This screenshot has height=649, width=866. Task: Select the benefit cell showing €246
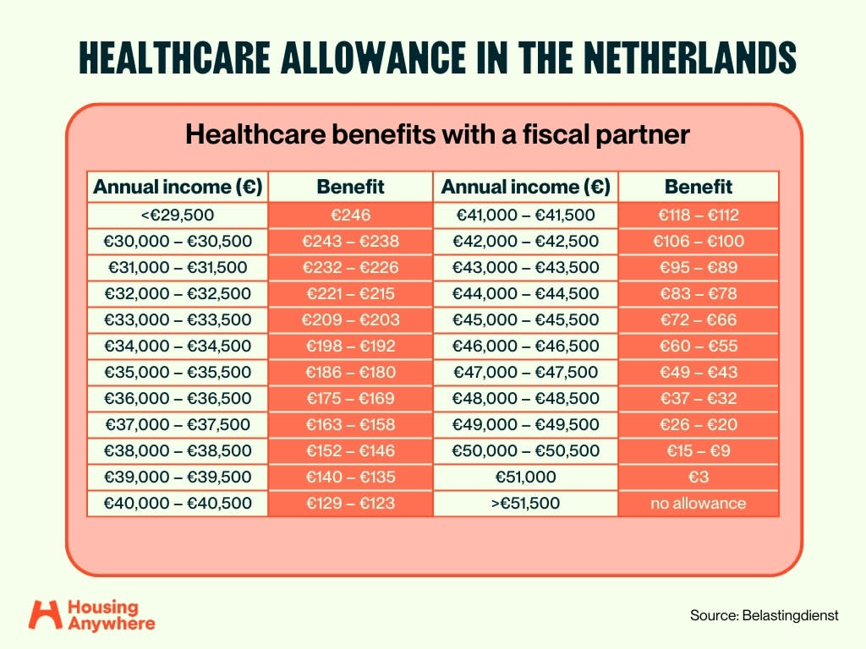(x=350, y=215)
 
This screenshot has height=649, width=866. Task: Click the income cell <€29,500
(x=178, y=215)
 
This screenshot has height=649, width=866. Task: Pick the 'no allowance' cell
(x=698, y=504)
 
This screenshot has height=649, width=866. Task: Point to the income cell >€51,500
(x=525, y=504)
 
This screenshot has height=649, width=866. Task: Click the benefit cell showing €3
(x=698, y=477)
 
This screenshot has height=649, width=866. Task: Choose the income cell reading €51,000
(x=525, y=477)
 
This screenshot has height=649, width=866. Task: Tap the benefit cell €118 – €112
(x=698, y=215)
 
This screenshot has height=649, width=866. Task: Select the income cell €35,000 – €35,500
(x=178, y=372)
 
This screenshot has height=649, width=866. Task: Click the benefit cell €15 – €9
(x=698, y=451)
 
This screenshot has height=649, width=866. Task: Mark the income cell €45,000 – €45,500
(x=525, y=320)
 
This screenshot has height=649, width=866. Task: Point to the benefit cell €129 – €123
(x=350, y=504)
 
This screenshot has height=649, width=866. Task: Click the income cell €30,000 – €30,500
(x=178, y=241)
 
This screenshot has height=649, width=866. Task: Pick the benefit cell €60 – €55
(x=698, y=346)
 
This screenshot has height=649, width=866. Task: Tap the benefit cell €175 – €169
(x=350, y=399)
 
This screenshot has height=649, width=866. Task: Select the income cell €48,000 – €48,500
(x=525, y=399)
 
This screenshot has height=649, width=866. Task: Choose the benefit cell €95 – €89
(x=698, y=268)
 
